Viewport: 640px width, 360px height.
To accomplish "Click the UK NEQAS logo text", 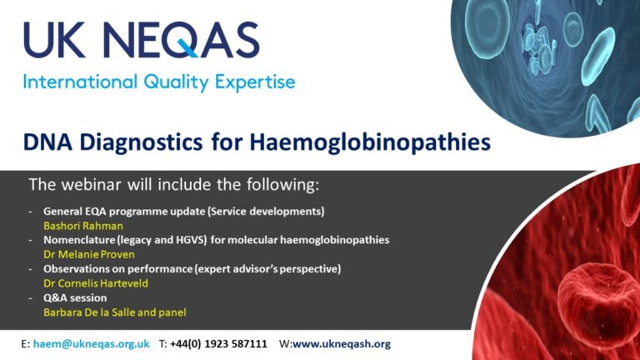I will (142, 40).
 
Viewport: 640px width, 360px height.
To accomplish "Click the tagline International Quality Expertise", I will (158, 82).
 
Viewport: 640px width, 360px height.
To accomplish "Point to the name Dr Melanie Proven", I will (89, 254).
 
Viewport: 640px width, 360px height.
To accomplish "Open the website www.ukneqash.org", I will (341, 344).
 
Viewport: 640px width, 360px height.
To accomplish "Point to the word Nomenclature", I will (80, 240).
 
